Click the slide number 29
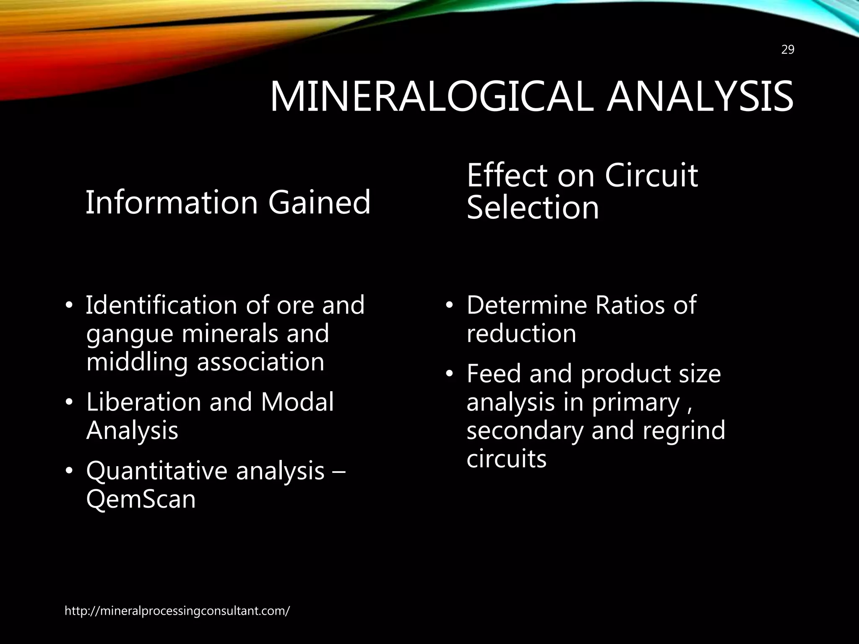click(x=788, y=50)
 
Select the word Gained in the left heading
click(x=319, y=202)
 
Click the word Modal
click(x=297, y=402)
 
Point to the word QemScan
click(x=141, y=499)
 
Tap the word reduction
click(x=521, y=334)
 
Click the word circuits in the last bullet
click(x=507, y=459)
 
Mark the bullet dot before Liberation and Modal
click(x=69, y=402)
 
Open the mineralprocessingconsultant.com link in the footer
click(x=177, y=611)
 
